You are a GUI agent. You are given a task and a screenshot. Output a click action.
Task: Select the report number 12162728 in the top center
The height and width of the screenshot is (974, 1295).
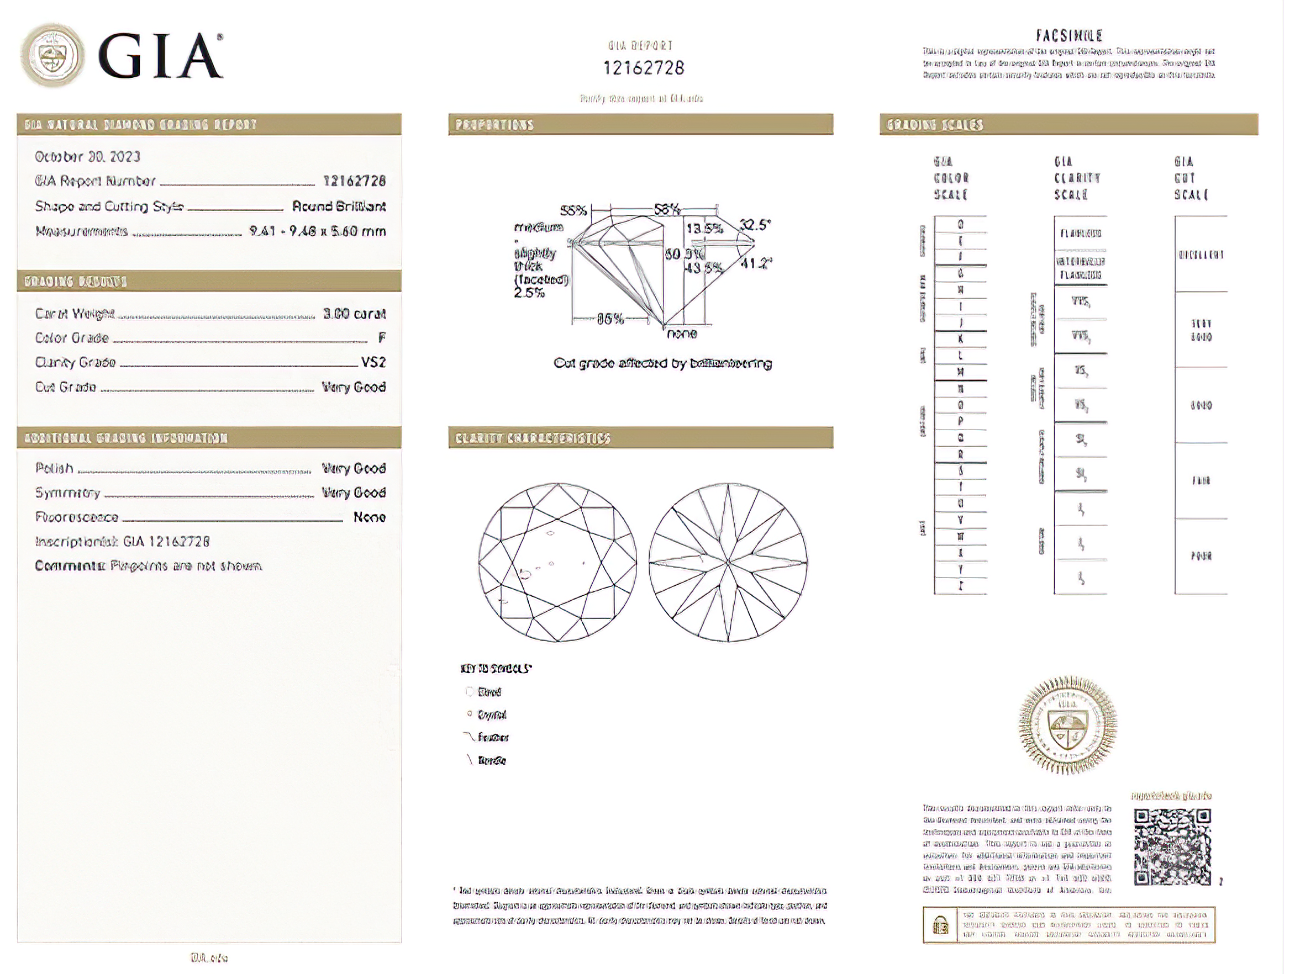click(x=644, y=68)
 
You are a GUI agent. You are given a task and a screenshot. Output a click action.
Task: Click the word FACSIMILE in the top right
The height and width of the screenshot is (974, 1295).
click(x=1069, y=36)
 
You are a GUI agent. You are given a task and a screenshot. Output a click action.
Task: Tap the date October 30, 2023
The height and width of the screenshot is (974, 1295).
click(x=88, y=157)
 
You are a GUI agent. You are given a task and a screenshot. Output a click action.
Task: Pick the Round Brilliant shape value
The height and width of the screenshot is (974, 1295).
click(x=339, y=207)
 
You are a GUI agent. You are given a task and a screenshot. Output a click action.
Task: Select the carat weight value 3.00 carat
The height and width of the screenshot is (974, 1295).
click(x=354, y=314)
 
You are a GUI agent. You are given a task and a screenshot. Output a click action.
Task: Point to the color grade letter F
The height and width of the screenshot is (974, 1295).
click(x=382, y=338)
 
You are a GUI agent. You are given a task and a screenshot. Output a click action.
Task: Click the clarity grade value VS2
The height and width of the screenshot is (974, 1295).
click(x=373, y=363)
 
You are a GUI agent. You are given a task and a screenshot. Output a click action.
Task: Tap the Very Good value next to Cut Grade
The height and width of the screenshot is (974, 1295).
click(x=354, y=387)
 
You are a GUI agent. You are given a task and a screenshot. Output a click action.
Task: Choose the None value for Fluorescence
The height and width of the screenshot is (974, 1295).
click(x=370, y=517)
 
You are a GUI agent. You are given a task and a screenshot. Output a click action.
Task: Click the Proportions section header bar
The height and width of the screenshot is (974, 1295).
click(x=640, y=125)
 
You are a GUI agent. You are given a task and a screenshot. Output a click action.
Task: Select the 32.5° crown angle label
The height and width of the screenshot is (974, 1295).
click(x=755, y=225)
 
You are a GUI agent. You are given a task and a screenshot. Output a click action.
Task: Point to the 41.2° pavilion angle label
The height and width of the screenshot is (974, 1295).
click(x=756, y=263)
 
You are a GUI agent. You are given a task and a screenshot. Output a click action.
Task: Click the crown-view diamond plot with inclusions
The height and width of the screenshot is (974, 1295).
click(x=557, y=562)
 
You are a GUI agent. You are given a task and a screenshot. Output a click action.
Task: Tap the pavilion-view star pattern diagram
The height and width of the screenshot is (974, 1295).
click(x=728, y=562)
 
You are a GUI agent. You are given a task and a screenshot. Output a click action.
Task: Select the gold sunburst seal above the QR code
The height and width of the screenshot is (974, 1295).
click(x=1068, y=725)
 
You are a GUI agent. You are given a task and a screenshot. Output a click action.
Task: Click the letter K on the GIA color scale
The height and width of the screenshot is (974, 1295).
click(x=960, y=339)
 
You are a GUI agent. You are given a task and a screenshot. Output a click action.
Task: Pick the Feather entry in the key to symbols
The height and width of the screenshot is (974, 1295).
click(x=492, y=738)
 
